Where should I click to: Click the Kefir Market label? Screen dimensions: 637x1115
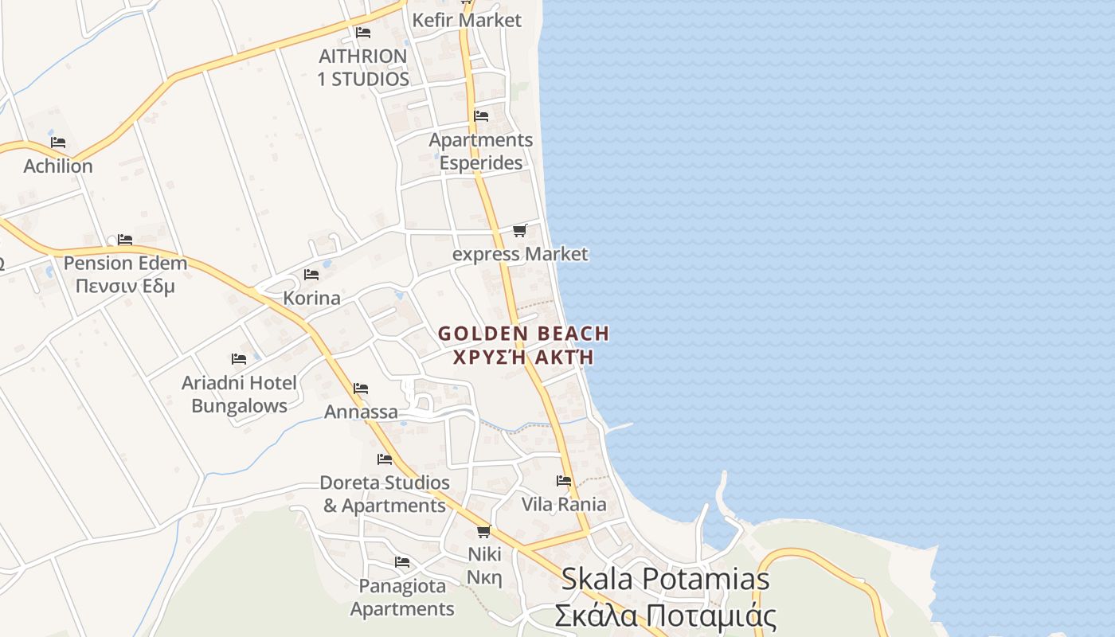[467, 20]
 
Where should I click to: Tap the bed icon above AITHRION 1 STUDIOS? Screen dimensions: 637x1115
[363, 33]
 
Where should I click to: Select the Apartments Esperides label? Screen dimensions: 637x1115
[481, 151]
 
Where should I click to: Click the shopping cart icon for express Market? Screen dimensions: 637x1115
[520, 231]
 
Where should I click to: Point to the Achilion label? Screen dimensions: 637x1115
[58, 166]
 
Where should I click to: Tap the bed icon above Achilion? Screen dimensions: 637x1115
[58, 143]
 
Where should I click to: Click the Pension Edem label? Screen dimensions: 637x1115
[125, 274]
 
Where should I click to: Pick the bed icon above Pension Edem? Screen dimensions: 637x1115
[125, 240]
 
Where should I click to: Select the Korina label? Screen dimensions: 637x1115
[312, 299]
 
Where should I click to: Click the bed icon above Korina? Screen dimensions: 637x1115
[311, 275]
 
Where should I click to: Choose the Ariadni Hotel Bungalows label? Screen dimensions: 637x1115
[239, 394]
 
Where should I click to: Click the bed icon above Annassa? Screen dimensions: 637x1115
[361, 389]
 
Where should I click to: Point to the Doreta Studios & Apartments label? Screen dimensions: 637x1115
[385, 494]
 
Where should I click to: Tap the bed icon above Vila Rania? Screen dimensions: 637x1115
[564, 480]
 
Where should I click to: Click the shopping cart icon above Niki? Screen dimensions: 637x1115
[483, 531]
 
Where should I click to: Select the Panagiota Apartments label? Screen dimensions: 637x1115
[402, 597]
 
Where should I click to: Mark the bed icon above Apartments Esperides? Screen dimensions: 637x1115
[481, 116]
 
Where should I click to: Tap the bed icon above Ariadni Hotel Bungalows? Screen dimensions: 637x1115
[239, 359]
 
